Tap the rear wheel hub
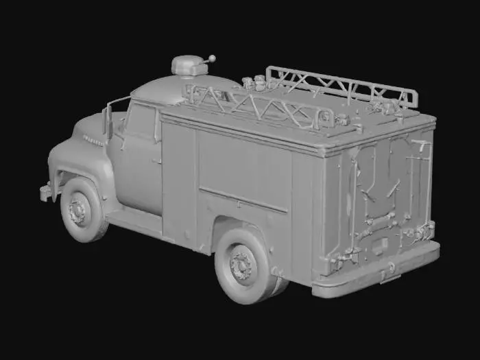click(x=242, y=265)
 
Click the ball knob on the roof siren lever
click(x=212, y=58)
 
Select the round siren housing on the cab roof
click(x=189, y=66)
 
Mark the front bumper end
click(x=45, y=193)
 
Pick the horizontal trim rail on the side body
click(x=243, y=199)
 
